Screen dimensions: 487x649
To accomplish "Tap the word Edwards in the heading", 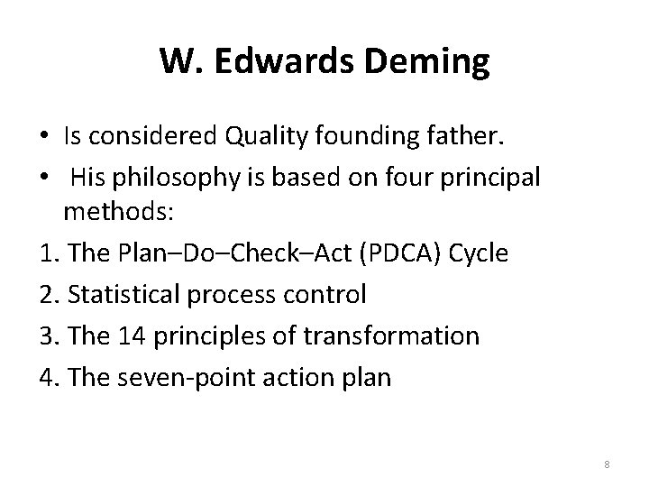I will [x=278, y=62].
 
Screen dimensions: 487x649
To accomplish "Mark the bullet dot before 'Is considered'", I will [x=44, y=137].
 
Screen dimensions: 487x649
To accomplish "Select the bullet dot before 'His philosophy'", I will [x=44, y=178].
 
